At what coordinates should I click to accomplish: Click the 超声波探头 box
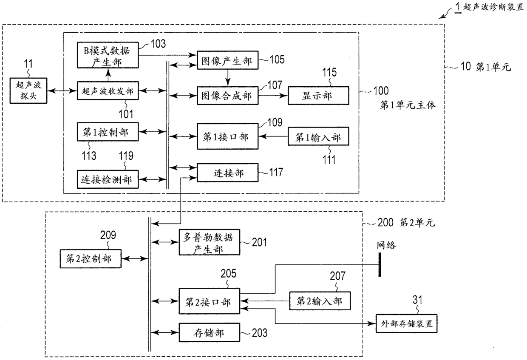coord(28,91)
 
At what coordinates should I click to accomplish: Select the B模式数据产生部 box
coord(108,55)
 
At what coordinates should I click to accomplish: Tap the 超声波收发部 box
coord(108,91)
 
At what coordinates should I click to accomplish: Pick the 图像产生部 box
coord(227,60)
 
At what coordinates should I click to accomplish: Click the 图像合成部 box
coord(227,96)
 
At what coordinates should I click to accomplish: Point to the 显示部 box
coord(318,96)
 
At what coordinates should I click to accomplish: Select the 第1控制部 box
coord(108,132)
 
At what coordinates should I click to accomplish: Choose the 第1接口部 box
coord(227,136)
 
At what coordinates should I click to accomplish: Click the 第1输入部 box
coord(318,136)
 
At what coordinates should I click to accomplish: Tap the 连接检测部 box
coord(108,179)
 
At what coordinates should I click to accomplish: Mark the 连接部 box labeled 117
coord(227,173)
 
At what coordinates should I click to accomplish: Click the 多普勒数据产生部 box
coord(210,242)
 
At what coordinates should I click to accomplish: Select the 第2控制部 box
coord(91,259)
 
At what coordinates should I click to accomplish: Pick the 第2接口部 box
coord(210,301)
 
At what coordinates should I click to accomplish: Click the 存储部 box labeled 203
coord(210,332)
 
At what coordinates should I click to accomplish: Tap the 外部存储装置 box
coord(407,323)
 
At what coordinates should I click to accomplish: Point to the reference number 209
coord(108,235)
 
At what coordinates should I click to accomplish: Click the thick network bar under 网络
coord(380,264)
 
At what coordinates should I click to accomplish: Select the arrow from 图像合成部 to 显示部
coord(273,96)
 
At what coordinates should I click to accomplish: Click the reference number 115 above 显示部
coord(329,72)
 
